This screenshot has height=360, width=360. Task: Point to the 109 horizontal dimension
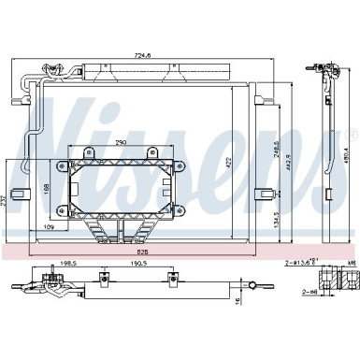point(49,228)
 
